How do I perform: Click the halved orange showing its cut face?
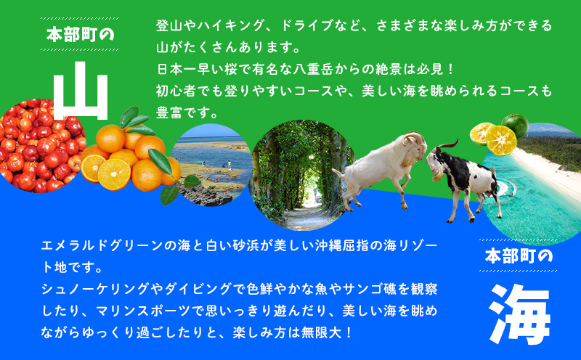(112, 171)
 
